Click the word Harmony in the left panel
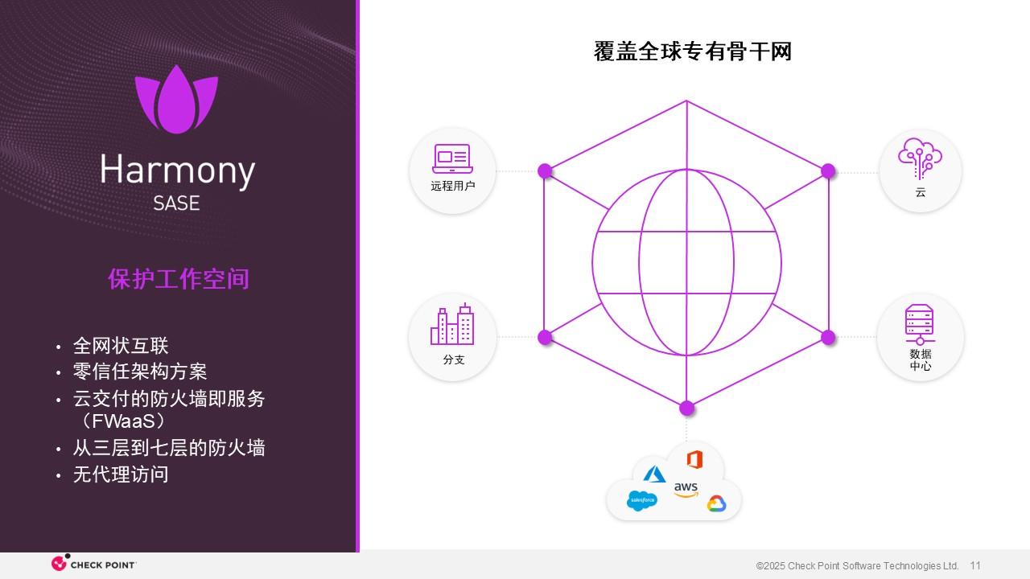(177, 171)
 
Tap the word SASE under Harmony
(176, 203)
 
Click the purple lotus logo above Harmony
(176, 99)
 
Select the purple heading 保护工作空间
(179, 278)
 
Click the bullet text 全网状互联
(121, 346)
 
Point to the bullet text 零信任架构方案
(140, 372)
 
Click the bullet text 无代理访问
(121, 474)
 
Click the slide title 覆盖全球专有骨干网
(693, 51)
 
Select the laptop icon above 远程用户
(452, 159)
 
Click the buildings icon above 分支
(452, 324)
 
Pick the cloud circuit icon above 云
(920, 158)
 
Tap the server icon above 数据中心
(920, 324)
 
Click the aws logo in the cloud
(686, 489)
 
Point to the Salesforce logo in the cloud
(642, 500)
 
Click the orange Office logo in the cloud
(694, 459)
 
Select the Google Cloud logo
(716, 503)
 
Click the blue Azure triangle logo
(655, 474)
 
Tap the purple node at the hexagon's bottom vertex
(686, 408)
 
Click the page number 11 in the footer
(975, 565)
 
